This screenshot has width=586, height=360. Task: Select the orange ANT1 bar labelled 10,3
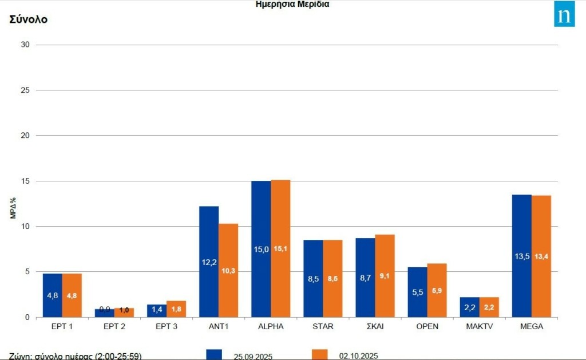click(x=228, y=270)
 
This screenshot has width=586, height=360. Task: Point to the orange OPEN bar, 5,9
click(x=437, y=290)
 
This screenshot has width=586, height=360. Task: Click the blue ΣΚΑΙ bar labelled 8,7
click(x=365, y=277)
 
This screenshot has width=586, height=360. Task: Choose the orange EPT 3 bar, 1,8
click(x=176, y=309)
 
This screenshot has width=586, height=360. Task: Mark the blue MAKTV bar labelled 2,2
click(x=469, y=307)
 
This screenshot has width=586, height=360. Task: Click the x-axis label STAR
click(x=323, y=327)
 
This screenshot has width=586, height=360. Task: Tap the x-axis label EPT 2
click(x=114, y=327)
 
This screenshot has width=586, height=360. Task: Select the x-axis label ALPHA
click(x=271, y=327)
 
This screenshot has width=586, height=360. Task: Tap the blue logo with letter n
click(x=564, y=16)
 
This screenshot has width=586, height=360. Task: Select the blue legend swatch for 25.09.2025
click(x=214, y=354)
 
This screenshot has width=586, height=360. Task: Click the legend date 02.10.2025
click(x=358, y=355)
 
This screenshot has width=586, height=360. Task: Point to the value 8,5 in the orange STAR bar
click(x=332, y=279)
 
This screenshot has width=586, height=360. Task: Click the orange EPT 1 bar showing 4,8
click(x=72, y=295)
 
